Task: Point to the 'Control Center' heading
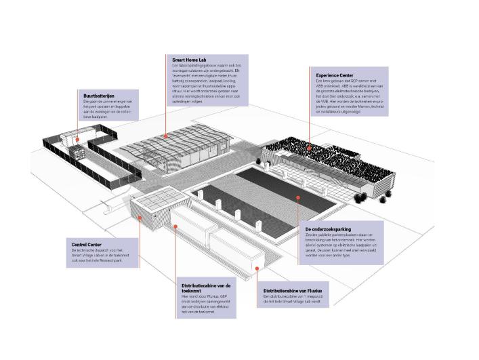pyautogui.click(x=87, y=244)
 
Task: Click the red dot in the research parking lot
pyautogui.click(x=297, y=197)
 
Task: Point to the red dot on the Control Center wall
pyautogui.click(x=140, y=217)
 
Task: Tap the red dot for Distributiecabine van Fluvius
pyautogui.click(x=257, y=268)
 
